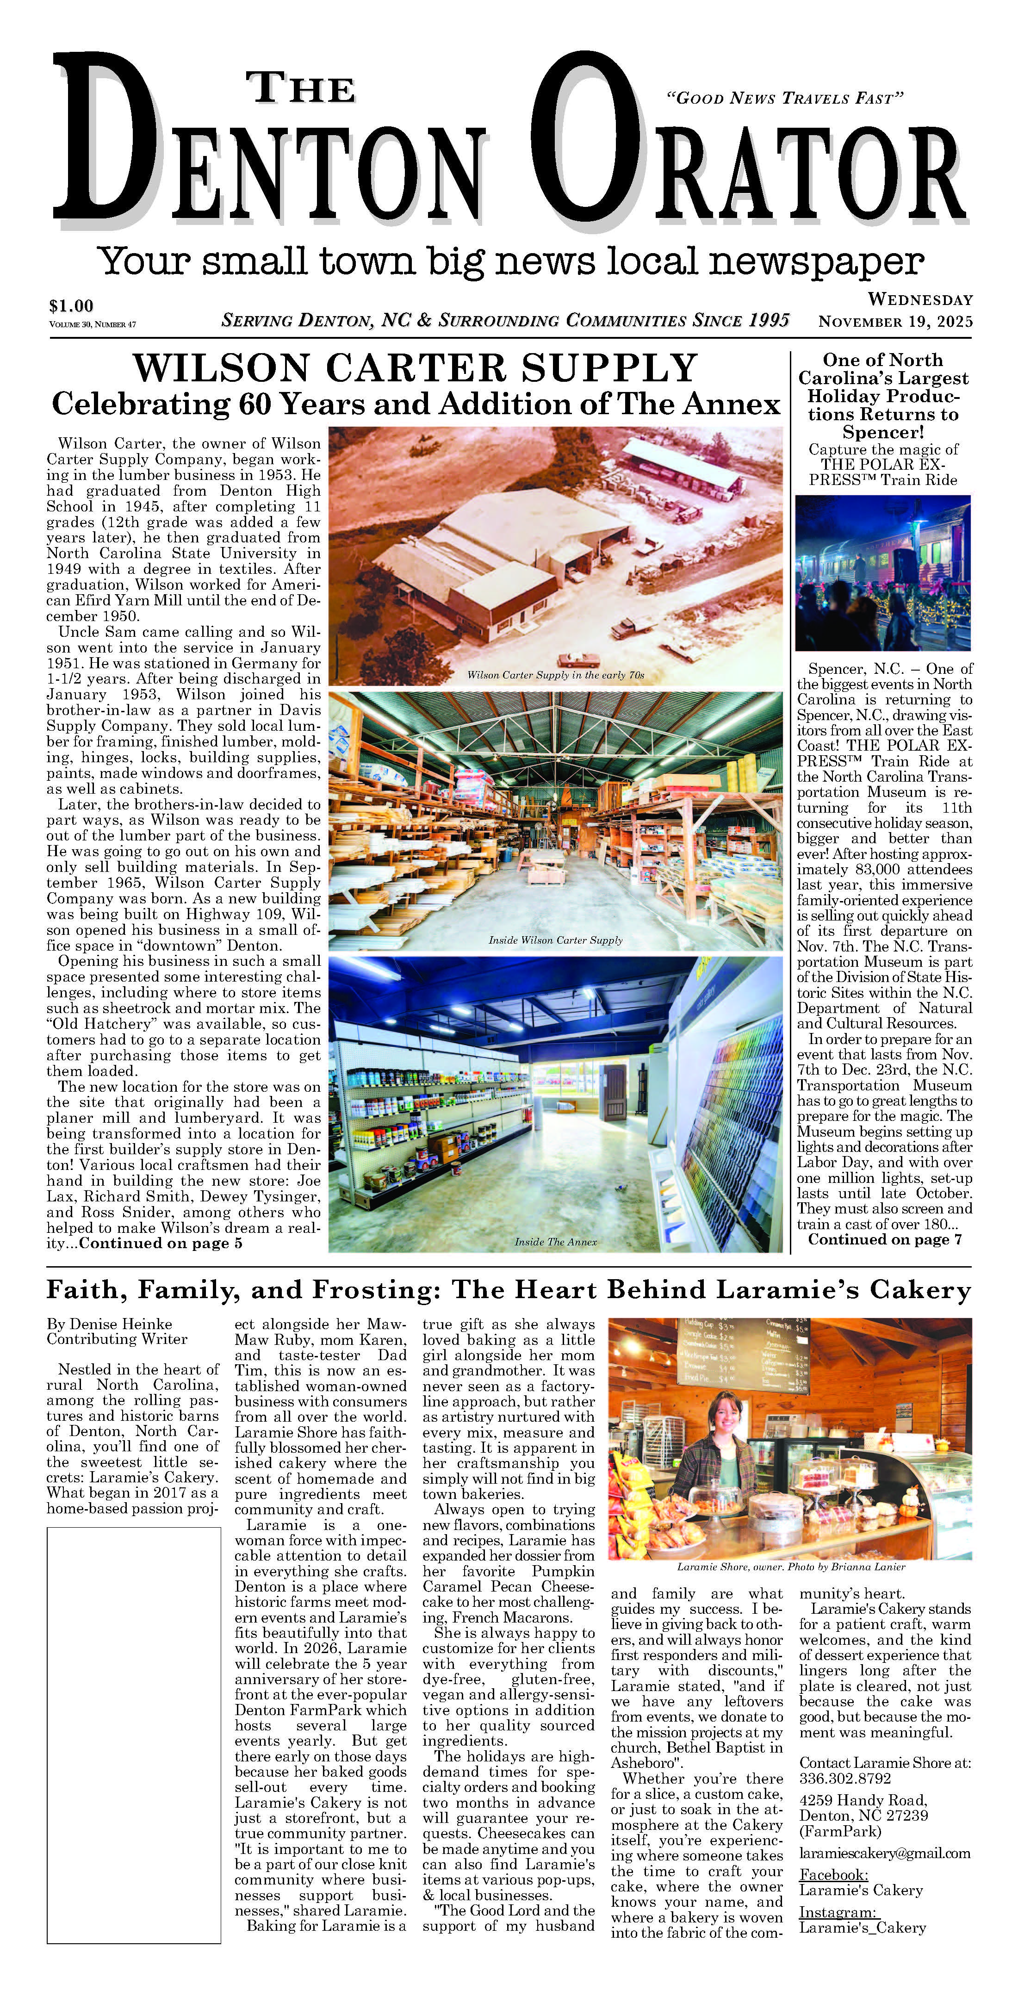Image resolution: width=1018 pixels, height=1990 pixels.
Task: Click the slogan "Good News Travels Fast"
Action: pyautogui.click(x=784, y=98)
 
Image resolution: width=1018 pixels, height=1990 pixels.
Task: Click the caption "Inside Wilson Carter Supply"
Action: pyautogui.click(x=555, y=940)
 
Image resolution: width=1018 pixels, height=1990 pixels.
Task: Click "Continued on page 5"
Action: pyautogui.click(x=161, y=1243)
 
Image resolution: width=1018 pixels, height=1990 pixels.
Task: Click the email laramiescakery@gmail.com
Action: pyautogui.click(x=884, y=1853)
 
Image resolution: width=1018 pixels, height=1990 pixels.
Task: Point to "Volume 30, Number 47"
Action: pyautogui.click(x=92, y=324)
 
